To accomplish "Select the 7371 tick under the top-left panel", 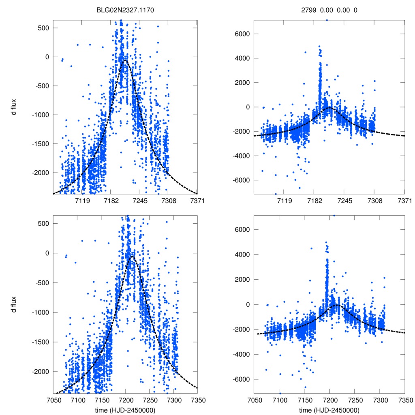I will click(x=197, y=200).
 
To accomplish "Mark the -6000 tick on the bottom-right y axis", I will click(x=242, y=379).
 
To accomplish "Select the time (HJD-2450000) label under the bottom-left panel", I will click(x=126, y=410).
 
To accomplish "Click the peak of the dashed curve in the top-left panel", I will click(x=125, y=60).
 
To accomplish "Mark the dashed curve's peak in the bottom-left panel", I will click(x=132, y=257).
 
